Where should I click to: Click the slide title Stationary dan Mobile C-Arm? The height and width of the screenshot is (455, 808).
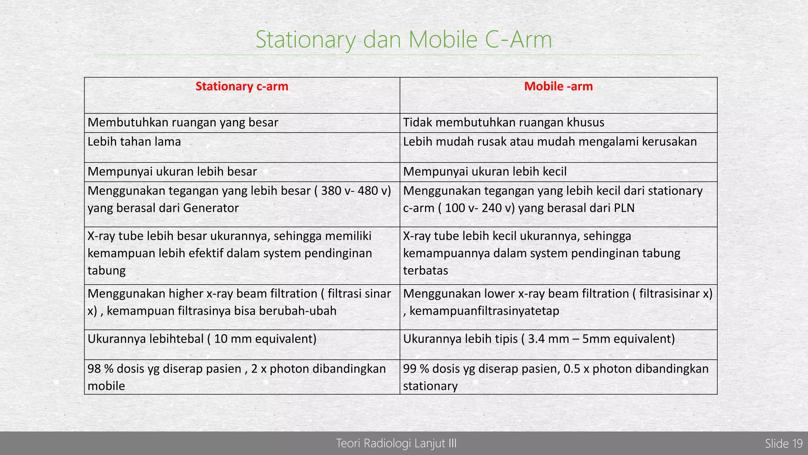click(x=404, y=39)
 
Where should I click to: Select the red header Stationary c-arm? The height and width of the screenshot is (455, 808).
click(x=242, y=86)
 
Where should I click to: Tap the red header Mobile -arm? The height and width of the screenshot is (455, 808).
click(x=558, y=86)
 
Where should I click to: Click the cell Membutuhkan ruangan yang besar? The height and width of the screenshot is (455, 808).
click(x=183, y=122)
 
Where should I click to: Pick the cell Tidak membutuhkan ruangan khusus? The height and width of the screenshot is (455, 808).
click(x=503, y=122)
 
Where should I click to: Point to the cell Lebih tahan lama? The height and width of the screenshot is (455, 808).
click(x=134, y=142)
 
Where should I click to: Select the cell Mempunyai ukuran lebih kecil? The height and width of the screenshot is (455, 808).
click(x=485, y=172)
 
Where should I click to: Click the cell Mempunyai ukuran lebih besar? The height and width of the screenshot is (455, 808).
click(x=172, y=172)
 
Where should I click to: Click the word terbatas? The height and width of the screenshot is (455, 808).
click(x=425, y=271)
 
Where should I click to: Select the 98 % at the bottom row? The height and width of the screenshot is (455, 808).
click(x=100, y=369)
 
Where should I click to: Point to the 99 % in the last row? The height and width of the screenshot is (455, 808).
click(x=416, y=369)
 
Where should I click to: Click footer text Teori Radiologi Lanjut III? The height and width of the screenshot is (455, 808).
click(x=396, y=444)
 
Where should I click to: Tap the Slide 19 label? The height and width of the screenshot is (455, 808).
click(x=784, y=444)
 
